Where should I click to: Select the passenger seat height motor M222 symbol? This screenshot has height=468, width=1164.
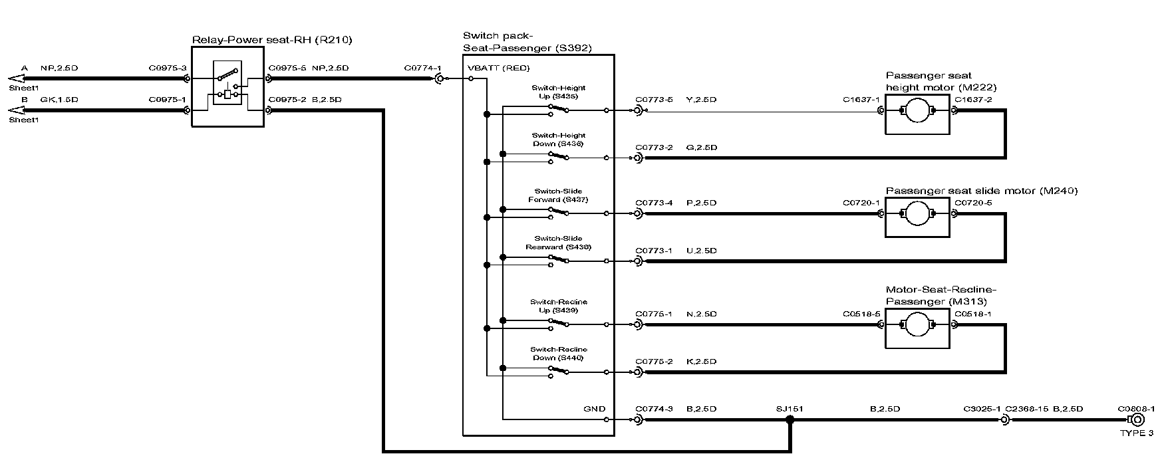point(917,110)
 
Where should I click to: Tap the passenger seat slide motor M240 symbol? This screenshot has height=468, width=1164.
point(917,213)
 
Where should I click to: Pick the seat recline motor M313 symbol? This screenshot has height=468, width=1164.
point(917,325)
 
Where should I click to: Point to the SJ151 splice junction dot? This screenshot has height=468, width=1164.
point(790,420)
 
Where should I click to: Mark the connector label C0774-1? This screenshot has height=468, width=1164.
point(422,68)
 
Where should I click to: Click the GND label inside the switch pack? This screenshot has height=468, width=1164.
point(595,409)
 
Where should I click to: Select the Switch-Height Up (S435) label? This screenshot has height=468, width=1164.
point(559,92)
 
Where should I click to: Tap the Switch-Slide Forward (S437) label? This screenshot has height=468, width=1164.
point(558,195)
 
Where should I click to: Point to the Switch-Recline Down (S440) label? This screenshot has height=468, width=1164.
point(559,354)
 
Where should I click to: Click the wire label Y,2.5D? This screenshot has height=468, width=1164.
point(701,100)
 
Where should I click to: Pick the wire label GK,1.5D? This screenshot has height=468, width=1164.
point(59,100)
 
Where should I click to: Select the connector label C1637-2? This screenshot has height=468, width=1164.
point(973,100)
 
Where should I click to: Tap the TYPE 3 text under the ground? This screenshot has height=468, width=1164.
point(1137,433)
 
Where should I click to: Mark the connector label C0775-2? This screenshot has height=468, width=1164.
point(654,362)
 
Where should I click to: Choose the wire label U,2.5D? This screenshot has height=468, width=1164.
point(701,251)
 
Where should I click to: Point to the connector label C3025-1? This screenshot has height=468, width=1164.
point(982,409)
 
